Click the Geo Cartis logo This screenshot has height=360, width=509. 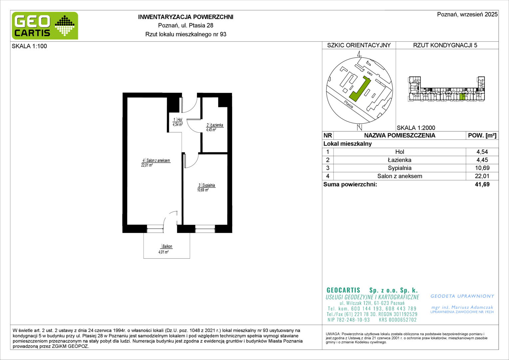[x=45, y=26]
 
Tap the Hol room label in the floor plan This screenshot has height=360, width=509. [x=180, y=120]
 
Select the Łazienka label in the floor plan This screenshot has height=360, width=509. [x=217, y=125]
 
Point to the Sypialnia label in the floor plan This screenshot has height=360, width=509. [x=209, y=185]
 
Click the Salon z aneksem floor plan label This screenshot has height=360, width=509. [x=158, y=161]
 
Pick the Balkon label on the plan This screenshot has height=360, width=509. [x=167, y=247]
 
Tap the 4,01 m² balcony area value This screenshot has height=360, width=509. [x=163, y=252]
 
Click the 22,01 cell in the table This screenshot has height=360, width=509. [x=482, y=176]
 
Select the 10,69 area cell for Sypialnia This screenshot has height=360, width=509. [x=482, y=168]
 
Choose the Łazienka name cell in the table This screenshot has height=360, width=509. [x=399, y=160]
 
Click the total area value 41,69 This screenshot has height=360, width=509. [x=482, y=184]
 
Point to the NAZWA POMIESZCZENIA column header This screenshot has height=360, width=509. [x=400, y=136]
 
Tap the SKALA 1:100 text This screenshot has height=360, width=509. [x=29, y=46]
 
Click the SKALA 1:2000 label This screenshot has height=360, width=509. [x=416, y=128]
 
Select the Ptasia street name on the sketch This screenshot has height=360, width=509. [x=348, y=105]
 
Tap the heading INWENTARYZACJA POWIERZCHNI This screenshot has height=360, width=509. [x=186, y=17]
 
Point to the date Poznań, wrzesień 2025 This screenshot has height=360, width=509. [x=467, y=14]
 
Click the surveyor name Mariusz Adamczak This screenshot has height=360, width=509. [x=472, y=307]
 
